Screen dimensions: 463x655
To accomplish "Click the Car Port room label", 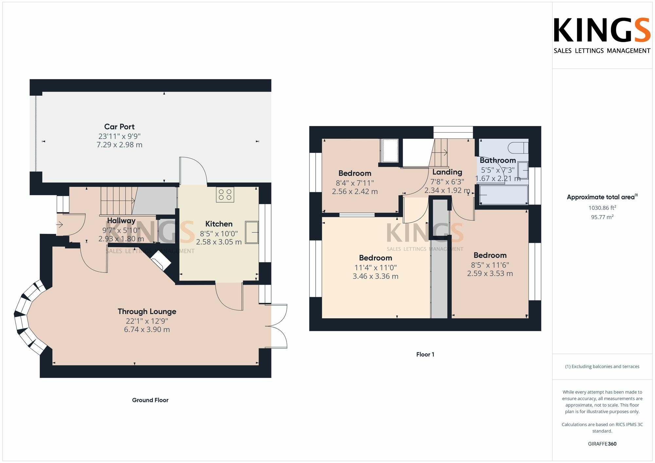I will [119, 127].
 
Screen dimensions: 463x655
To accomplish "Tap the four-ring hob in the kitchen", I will [225, 195].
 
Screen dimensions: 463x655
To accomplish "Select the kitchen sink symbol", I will [252, 232].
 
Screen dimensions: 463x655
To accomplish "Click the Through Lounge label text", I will [147, 312].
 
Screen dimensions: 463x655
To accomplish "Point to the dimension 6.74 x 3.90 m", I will [147, 329].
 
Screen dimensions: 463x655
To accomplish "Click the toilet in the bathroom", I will [518, 148].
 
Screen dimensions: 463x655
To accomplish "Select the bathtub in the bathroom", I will [503, 195].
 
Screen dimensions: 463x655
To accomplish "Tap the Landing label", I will [447, 172].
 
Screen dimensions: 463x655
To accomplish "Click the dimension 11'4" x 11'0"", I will [375, 268].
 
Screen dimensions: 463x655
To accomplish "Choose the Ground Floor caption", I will [150, 400].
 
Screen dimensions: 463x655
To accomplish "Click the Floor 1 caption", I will [425, 354].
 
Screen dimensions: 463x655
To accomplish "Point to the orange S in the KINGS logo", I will [640, 30].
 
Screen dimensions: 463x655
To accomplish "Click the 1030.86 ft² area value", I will [602, 208].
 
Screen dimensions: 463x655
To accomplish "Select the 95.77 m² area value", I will [602, 217].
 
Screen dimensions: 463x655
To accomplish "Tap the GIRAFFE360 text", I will [602, 444].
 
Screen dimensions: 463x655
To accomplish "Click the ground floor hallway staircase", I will [117, 201].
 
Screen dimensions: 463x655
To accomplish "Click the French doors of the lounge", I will [277, 326].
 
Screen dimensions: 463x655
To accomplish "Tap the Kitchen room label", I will [219, 224].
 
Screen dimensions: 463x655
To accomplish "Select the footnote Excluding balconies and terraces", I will [602, 366].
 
